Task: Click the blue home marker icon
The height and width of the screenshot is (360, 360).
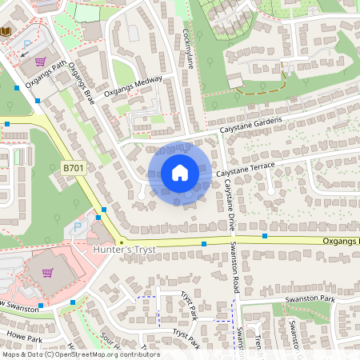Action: pyautogui.click(x=180, y=173)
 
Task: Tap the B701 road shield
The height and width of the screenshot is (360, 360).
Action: pyautogui.click(x=74, y=168)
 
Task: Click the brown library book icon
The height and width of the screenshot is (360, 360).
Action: pyautogui.click(x=6, y=30)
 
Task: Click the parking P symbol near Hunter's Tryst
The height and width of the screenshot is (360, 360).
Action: pyautogui.click(x=78, y=227)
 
